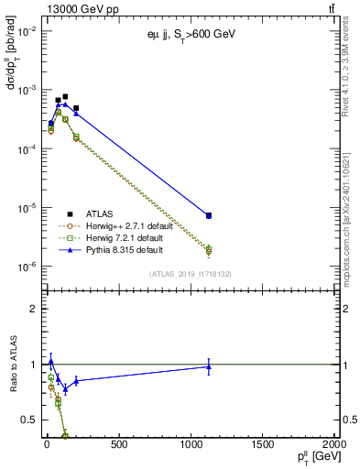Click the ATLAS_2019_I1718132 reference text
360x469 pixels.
pos(191,273)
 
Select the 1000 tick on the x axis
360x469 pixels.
pos(191,445)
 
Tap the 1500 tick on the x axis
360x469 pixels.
pos(263,445)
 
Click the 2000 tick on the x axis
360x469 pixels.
pos(333,445)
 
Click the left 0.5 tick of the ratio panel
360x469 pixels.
pos(28,420)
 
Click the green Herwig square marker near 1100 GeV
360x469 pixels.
pos(209,249)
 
